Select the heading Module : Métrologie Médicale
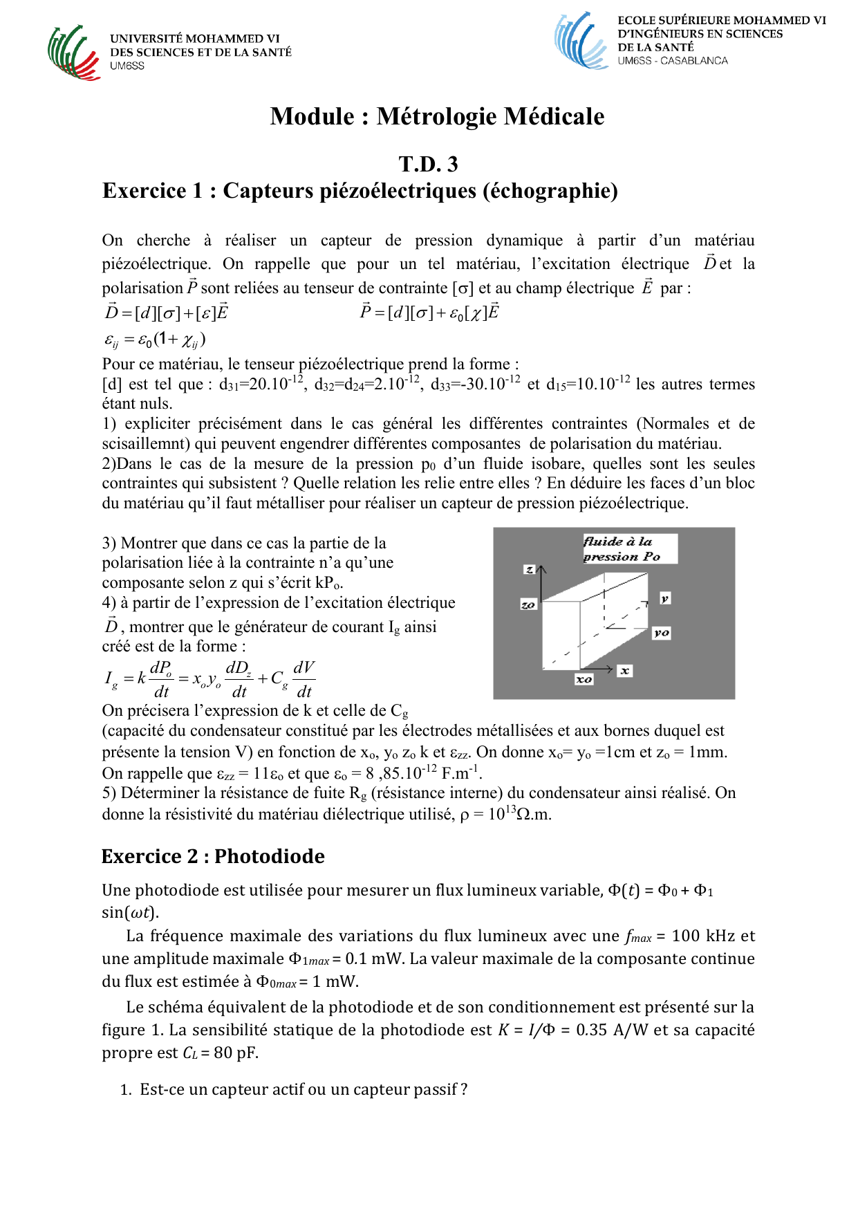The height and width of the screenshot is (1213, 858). pos(437,116)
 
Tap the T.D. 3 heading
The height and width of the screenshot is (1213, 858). pos(428,164)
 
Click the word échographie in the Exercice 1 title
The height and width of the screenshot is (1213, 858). pos(550,191)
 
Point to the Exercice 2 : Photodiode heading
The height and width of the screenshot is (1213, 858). pos(213,856)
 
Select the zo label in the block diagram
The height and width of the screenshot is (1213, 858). pos(528,604)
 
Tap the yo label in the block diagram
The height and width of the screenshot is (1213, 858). pos(662,632)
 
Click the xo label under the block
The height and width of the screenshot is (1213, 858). pos(584,679)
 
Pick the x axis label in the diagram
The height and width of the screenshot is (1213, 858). pos(624,670)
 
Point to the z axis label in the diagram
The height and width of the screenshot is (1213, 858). pos(530,569)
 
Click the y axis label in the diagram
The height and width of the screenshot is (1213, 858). pos(664,598)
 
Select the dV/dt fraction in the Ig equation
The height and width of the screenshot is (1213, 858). pos(304,679)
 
